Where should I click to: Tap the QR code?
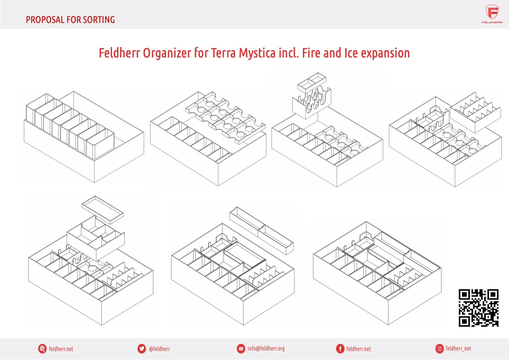[478, 308]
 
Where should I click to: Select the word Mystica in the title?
[257, 53]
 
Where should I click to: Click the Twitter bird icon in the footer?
[142, 349]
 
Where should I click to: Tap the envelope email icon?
[241, 349]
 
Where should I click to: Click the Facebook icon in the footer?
[340, 349]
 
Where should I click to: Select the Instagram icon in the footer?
[439, 349]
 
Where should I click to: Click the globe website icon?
[42, 349]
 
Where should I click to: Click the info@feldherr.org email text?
[266, 349]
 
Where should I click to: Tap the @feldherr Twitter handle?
[159, 349]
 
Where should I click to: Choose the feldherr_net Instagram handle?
[458, 349]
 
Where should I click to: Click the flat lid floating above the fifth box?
[103, 210]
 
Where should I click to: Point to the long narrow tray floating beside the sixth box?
[262, 231]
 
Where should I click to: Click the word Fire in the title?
[311, 53]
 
